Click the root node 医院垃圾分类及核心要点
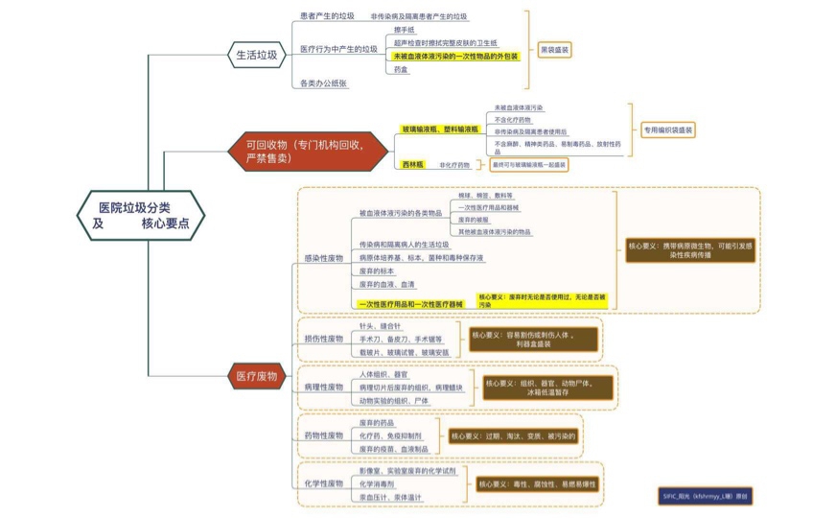point(141,215)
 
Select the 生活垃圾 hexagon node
point(256,55)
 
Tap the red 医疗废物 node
point(256,377)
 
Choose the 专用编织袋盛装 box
point(668,129)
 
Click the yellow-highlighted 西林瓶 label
point(413,165)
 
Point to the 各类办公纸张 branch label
point(323,84)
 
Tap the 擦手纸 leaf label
point(405,30)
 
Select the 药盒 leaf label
point(402,70)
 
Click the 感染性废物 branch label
point(323,258)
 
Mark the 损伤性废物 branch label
point(323,339)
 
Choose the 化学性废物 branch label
point(323,483)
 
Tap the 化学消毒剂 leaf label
point(377,484)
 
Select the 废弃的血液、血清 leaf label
point(387,284)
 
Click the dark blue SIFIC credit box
point(706,497)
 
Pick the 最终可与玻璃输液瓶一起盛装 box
point(528,165)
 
